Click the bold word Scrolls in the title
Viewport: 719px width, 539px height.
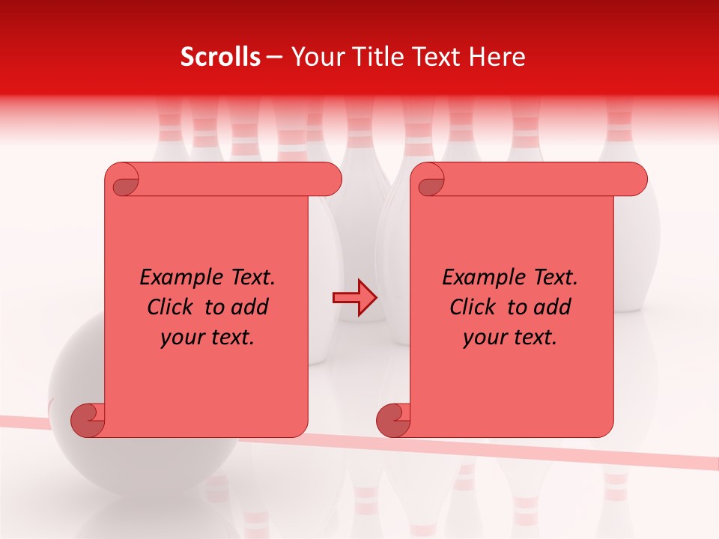pyautogui.click(x=220, y=57)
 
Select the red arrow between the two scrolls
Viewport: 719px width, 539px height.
pyautogui.click(x=354, y=298)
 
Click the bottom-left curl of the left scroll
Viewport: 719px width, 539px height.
pyautogui.click(x=88, y=420)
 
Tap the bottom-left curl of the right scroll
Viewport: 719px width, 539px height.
pyautogui.click(x=393, y=420)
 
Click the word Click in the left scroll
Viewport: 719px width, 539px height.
pyautogui.click(x=171, y=308)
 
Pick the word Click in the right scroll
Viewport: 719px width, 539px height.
pyautogui.click(x=473, y=308)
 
